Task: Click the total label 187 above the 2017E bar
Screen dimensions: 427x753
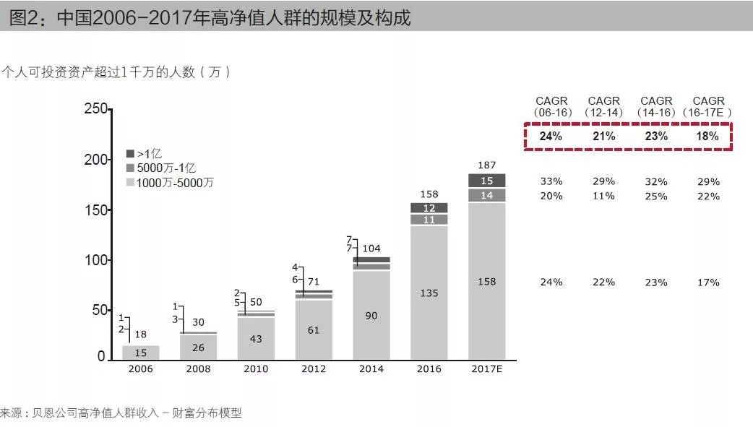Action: tap(486, 165)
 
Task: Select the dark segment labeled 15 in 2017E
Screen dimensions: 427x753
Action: tap(486, 181)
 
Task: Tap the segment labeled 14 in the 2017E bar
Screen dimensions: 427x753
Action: tap(486, 195)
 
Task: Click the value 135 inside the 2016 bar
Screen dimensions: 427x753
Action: tap(429, 293)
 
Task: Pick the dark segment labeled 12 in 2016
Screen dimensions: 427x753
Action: tap(429, 207)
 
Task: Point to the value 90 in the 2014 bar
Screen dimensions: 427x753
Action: tap(371, 316)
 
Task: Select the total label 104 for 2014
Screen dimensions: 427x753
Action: tap(371, 249)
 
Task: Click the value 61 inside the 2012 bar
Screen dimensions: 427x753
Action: tap(314, 330)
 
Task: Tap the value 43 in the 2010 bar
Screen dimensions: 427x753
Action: tap(256, 339)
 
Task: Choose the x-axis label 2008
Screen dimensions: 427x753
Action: tap(198, 369)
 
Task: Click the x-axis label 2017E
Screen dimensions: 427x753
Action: tap(486, 369)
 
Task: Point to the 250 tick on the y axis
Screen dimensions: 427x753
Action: tap(95, 109)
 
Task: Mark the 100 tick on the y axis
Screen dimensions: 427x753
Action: tap(95, 260)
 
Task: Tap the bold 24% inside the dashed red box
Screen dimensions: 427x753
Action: tap(551, 136)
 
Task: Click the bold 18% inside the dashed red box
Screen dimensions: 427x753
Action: tap(707, 136)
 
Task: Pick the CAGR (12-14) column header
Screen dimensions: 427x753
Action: tap(603, 106)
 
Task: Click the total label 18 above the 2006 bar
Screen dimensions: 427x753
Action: tap(141, 334)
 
